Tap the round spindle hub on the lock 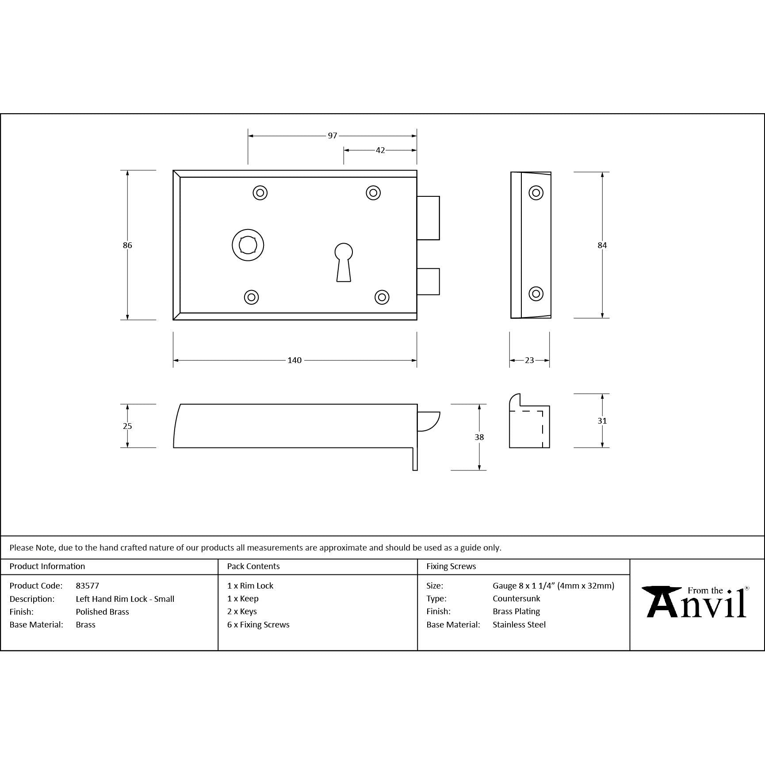point(248,245)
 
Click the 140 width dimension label point(295,360)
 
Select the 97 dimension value point(333,136)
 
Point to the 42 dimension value point(380,150)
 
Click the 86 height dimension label point(127,245)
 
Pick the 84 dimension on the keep point(602,245)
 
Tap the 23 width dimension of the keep point(529,360)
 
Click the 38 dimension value point(479,437)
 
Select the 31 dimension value point(602,421)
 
